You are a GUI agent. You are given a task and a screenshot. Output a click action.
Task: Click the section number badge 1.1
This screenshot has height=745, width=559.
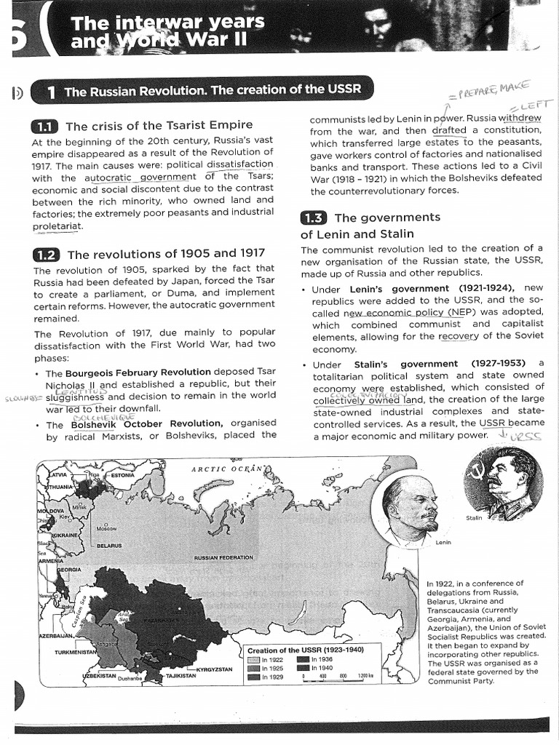pos(46,126)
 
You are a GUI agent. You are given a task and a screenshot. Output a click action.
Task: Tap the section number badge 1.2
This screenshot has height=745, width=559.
pos(47,254)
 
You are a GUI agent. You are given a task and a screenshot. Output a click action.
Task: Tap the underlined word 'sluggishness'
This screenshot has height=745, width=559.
pos(75,397)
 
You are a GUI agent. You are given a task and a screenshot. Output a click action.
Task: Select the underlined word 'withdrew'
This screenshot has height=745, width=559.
pos(520,118)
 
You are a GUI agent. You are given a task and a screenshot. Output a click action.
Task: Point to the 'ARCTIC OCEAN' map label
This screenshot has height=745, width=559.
pos(226,469)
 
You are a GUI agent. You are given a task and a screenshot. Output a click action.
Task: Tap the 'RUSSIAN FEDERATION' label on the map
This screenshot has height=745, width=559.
pos(223,558)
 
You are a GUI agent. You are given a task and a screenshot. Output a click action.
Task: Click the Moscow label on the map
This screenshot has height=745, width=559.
pos(107,527)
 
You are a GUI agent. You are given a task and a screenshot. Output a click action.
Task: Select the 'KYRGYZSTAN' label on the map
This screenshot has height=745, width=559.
pos(214,669)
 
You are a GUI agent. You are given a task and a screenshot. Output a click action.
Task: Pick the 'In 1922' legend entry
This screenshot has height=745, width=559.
pos(265,660)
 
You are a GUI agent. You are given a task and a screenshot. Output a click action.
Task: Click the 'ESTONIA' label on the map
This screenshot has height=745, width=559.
pos(122,475)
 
